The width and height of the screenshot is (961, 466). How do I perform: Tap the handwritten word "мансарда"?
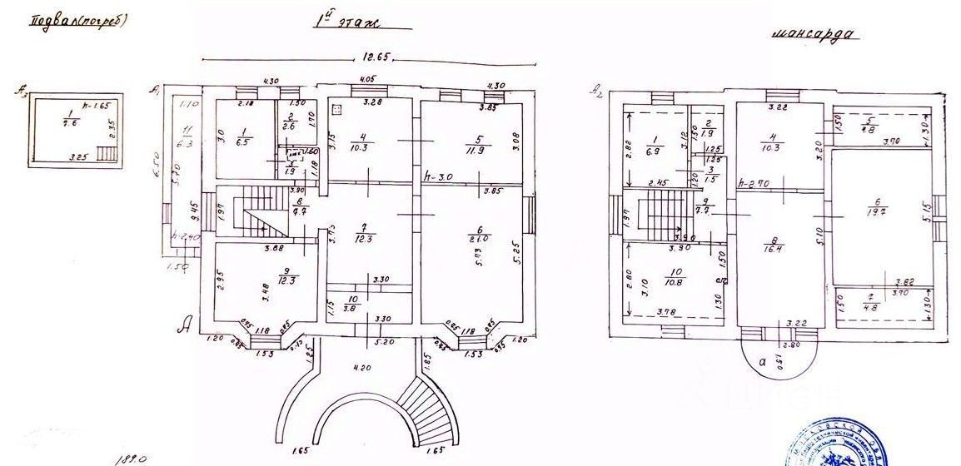pos(813,36)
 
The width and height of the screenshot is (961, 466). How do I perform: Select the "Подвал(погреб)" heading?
pos(78,21)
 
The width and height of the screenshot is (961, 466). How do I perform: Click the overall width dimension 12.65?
pos(373,57)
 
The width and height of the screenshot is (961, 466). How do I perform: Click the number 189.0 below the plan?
pos(124,457)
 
